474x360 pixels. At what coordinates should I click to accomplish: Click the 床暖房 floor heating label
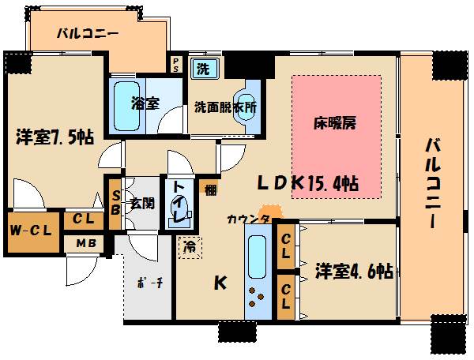point(336,124)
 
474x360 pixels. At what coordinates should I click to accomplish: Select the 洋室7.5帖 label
point(55,138)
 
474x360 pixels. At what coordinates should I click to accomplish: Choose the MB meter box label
point(86,243)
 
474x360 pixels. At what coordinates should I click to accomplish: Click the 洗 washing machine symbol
point(203,67)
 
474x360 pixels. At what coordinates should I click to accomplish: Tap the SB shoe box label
point(115,203)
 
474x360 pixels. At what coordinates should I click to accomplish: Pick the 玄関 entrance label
point(141,203)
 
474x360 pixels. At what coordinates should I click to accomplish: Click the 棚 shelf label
point(209,189)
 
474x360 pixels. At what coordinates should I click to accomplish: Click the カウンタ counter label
point(248,219)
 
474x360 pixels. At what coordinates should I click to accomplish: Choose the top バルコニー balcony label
point(88,35)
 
